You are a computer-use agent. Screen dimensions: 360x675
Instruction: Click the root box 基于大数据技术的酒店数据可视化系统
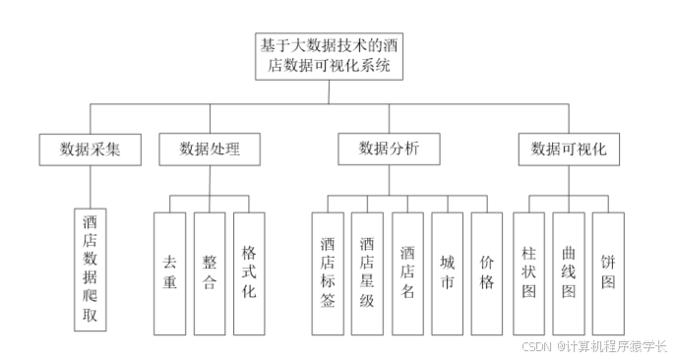click(329, 56)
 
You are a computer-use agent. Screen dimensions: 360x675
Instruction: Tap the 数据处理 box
click(210, 150)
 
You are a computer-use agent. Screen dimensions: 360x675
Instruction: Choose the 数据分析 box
click(389, 150)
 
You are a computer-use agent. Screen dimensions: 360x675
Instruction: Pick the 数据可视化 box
click(568, 150)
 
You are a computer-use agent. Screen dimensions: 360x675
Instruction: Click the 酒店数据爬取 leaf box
click(91, 269)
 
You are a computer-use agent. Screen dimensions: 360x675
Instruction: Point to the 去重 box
click(169, 272)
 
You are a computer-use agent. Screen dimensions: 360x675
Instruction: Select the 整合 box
click(210, 272)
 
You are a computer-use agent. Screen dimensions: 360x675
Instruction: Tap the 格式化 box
click(249, 272)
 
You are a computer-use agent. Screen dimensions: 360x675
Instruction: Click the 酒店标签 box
click(328, 272)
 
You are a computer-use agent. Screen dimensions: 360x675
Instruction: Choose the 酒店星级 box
click(368, 272)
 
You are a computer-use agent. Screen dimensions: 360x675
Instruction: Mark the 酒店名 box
click(408, 272)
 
